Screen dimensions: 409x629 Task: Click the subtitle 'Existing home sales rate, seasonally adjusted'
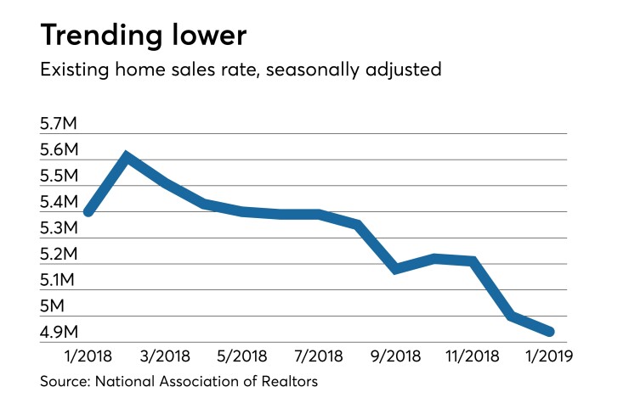(241, 70)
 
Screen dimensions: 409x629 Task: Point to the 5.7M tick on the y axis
(59, 125)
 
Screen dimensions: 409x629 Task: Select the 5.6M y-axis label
(59, 151)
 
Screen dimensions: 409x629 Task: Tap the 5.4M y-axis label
(59, 203)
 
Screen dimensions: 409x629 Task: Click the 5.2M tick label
(59, 255)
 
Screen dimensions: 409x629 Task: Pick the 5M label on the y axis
(54, 306)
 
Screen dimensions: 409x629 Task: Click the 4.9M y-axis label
(59, 332)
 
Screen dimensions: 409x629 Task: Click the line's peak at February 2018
(126, 157)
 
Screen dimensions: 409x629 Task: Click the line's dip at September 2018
(396, 269)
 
